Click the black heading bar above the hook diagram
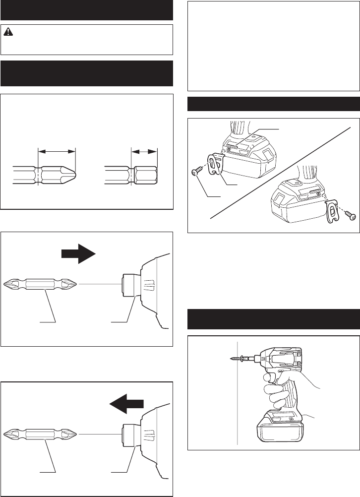point(273,105)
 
